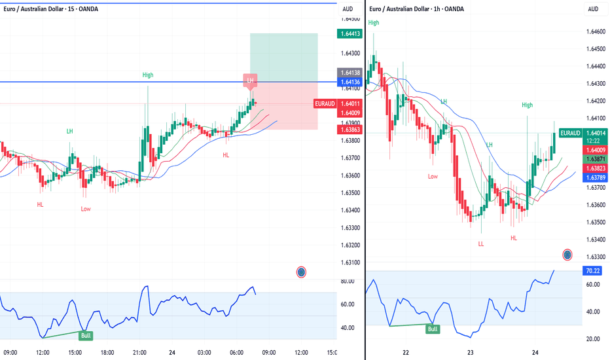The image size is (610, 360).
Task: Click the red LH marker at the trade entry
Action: point(251,80)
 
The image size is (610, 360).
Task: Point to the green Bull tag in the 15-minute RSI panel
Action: point(85,336)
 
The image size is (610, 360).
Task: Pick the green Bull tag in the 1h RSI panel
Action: point(432,329)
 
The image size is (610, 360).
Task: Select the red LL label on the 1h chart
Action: point(481,243)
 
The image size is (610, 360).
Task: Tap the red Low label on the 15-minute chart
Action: point(86,209)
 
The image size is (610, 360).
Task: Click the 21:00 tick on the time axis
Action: point(139,353)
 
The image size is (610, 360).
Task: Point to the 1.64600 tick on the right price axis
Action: point(596,31)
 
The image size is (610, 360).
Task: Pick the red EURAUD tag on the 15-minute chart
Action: point(325,103)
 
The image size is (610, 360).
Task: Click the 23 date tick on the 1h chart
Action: point(471,353)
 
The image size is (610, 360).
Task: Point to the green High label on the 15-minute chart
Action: point(148,75)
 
